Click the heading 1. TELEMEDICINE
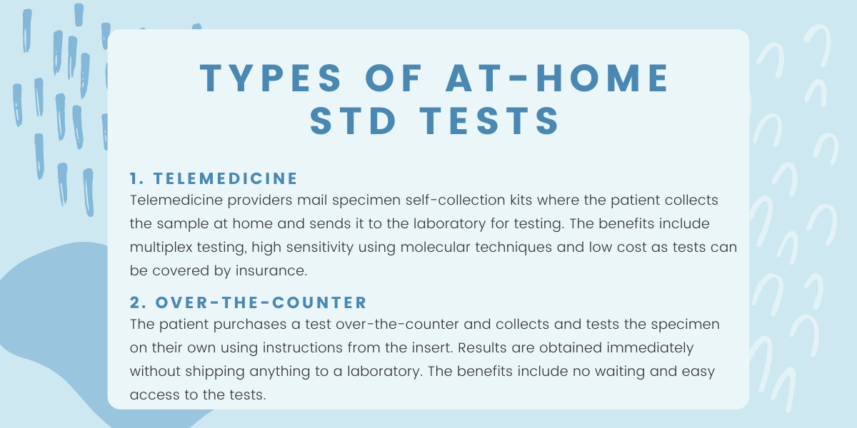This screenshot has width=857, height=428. [x=214, y=178]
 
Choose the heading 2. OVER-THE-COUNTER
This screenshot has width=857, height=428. [x=249, y=302]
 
